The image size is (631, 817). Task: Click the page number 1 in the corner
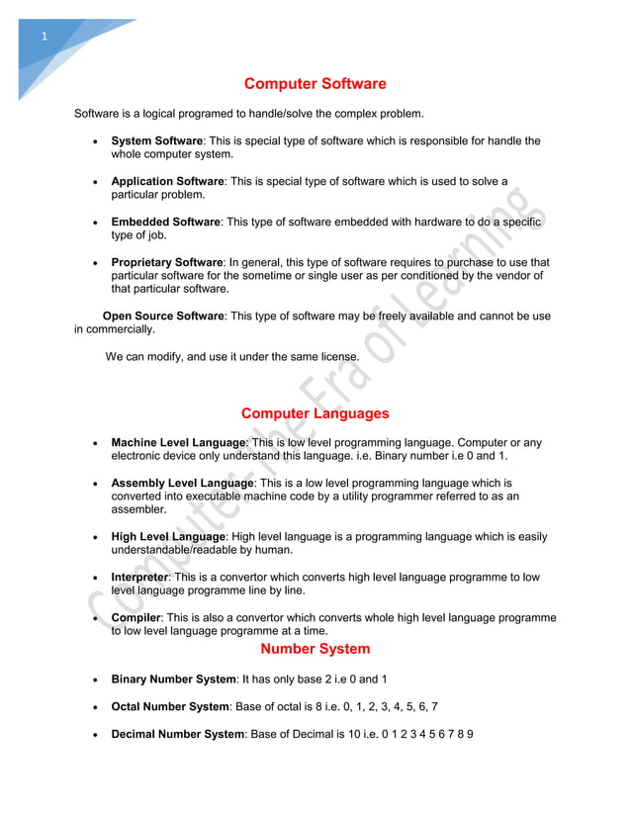(44, 38)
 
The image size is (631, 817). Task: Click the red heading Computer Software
(315, 84)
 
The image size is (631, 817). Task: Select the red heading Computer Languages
(315, 413)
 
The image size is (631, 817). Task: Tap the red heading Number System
(315, 650)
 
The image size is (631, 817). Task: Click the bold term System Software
(156, 141)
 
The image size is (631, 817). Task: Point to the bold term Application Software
(167, 182)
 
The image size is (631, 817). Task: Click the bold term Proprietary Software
(167, 263)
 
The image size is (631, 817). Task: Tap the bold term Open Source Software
(157, 316)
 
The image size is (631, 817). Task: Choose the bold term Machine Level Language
(178, 442)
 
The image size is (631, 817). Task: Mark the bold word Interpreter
(139, 578)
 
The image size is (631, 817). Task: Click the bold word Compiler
(135, 618)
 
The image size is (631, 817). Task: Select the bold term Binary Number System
(173, 681)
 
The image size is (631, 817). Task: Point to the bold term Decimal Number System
(177, 734)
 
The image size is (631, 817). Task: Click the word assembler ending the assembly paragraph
(138, 509)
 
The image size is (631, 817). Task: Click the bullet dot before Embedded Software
(94, 224)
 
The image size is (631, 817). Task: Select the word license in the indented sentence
(336, 356)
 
